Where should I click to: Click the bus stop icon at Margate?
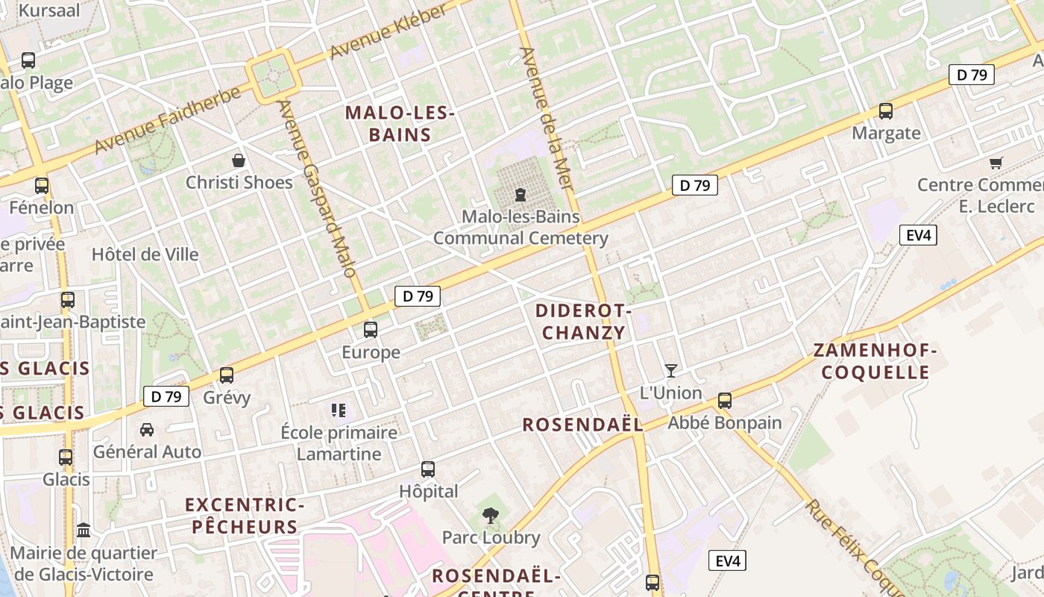click(886, 111)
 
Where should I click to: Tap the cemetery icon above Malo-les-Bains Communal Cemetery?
click(520, 195)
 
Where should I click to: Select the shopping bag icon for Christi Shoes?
click(239, 160)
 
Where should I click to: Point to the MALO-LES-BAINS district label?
click(400, 124)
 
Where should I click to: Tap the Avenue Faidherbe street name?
click(169, 119)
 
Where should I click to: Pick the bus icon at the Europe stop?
click(371, 329)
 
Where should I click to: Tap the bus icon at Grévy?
click(227, 375)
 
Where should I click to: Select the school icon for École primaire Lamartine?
click(339, 410)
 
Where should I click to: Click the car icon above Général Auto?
click(147, 429)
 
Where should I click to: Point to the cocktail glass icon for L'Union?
click(671, 370)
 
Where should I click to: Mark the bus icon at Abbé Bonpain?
click(724, 401)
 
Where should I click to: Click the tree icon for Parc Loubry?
click(491, 514)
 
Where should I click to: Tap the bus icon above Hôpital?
click(428, 469)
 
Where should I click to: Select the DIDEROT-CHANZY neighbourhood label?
click(584, 322)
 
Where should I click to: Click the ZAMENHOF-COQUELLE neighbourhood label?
click(874, 361)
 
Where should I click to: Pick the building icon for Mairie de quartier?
click(84, 530)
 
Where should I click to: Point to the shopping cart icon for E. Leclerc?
click(996, 163)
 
